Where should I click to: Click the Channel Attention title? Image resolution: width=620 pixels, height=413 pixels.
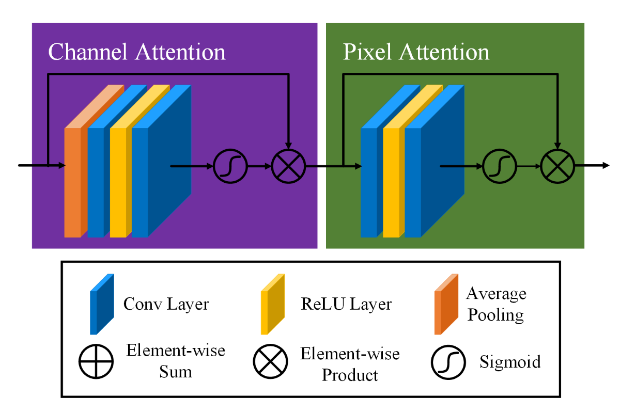[137, 52]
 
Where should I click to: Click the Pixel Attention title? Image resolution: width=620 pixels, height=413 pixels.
[416, 52]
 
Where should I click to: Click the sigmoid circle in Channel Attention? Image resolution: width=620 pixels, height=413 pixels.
[230, 167]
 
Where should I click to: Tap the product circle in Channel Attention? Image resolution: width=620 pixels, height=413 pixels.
[289, 167]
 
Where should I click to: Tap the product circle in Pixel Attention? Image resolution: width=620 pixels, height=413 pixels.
[558, 167]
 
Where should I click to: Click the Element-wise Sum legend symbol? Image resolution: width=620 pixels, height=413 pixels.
[96, 362]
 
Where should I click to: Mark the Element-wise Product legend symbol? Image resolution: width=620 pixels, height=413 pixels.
[270, 362]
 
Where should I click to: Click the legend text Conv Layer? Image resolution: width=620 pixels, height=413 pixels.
[166, 304]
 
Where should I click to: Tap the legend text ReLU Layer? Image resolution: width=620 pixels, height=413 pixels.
[346, 304]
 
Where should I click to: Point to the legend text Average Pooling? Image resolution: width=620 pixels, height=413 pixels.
[496, 304]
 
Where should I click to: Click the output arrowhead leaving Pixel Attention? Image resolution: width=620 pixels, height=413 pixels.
[605, 166]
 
